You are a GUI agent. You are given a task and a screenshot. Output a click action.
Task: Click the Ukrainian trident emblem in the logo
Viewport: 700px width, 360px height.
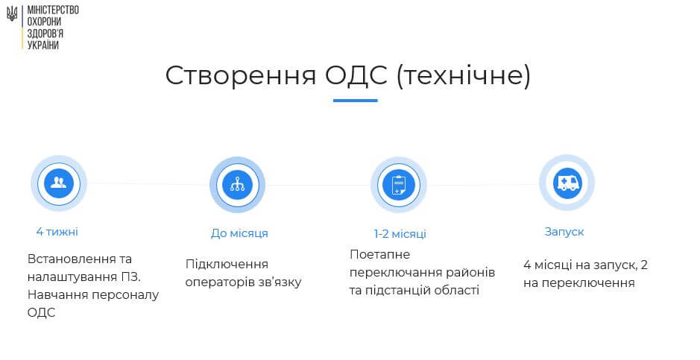(x=12, y=14)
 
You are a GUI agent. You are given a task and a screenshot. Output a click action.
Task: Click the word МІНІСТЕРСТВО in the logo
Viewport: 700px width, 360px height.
(x=53, y=10)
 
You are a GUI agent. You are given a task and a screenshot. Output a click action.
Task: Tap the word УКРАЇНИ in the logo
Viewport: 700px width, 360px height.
(x=42, y=45)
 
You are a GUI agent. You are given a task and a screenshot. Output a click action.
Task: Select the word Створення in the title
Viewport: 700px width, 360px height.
(x=241, y=75)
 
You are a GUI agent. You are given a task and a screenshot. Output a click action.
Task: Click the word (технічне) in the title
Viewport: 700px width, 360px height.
(x=464, y=75)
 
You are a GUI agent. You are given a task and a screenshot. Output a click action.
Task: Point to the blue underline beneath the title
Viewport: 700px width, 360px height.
(x=356, y=101)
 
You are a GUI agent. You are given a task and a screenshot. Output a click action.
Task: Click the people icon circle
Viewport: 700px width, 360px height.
(x=58, y=183)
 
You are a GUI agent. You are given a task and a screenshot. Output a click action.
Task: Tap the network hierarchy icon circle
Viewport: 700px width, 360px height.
(x=238, y=185)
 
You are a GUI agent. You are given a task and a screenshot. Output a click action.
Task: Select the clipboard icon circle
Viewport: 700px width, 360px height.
(x=398, y=185)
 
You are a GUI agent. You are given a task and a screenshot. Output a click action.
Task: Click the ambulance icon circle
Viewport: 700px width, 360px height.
(x=567, y=183)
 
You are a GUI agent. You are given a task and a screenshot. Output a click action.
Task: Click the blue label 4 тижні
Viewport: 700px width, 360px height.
(x=57, y=232)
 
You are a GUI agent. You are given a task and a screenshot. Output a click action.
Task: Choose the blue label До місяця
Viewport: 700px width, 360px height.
(x=239, y=233)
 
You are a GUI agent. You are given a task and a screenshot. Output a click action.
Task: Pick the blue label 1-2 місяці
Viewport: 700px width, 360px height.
(x=400, y=234)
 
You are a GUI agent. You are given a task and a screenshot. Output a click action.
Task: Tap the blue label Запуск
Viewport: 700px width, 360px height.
(x=564, y=232)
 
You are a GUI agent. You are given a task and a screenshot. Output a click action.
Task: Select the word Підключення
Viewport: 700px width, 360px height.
(x=227, y=265)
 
